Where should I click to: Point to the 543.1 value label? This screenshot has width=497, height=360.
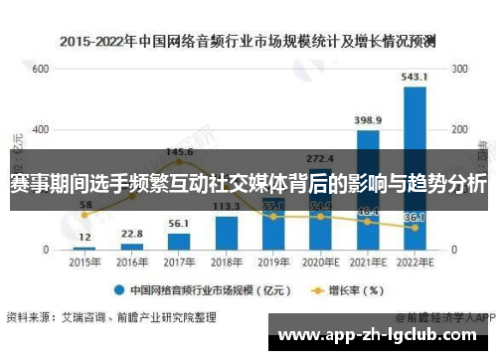414,77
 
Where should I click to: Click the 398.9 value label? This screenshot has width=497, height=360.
368,120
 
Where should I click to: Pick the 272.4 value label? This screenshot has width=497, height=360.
320,158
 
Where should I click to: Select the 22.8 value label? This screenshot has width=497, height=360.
131,234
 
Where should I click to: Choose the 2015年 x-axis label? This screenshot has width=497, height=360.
84,262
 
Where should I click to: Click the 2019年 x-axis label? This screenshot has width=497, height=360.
273,262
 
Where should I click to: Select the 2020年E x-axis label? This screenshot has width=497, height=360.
320,262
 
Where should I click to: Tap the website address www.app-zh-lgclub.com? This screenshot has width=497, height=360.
384,334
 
